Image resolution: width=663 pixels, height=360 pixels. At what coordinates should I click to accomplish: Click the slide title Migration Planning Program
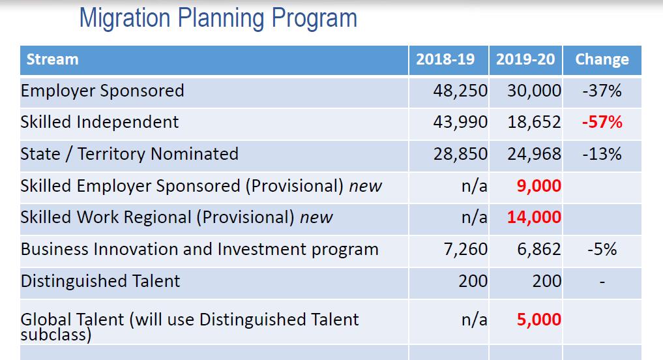(x=218, y=18)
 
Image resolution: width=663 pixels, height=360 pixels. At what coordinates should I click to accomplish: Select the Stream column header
(x=52, y=59)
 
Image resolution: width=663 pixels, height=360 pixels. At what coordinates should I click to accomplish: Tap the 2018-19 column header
(x=445, y=59)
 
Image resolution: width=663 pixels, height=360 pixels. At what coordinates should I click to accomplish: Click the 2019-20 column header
(x=525, y=59)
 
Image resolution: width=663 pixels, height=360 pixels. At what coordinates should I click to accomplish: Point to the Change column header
(x=602, y=59)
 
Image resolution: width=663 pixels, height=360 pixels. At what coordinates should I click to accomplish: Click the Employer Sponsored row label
(x=102, y=91)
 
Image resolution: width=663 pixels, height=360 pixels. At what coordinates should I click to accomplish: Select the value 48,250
(x=460, y=91)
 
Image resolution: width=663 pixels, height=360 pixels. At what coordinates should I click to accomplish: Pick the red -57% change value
(x=602, y=122)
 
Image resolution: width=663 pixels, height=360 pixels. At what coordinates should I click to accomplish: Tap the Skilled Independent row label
(x=100, y=122)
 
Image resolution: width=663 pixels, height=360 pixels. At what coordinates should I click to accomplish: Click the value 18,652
(x=534, y=122)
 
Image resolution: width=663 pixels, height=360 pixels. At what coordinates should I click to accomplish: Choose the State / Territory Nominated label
(x=130, y=154)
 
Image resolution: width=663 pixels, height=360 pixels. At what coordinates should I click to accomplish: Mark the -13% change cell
(x=602, y=154)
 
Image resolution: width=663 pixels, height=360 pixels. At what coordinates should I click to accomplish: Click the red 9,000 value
(x=538, y=186)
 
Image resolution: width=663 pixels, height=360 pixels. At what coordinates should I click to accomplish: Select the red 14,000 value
(x=534, y=217)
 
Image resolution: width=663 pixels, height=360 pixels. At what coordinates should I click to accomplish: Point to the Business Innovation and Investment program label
(x=199, y=249)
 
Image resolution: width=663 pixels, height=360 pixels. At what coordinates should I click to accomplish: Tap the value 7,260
(x=465, y=249)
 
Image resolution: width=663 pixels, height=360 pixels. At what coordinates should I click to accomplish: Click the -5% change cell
(x=602, y=249)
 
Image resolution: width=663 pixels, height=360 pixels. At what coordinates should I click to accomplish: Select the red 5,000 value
(x=538, y=320)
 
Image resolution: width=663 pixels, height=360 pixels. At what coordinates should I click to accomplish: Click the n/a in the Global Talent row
(x=474, y=320)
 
